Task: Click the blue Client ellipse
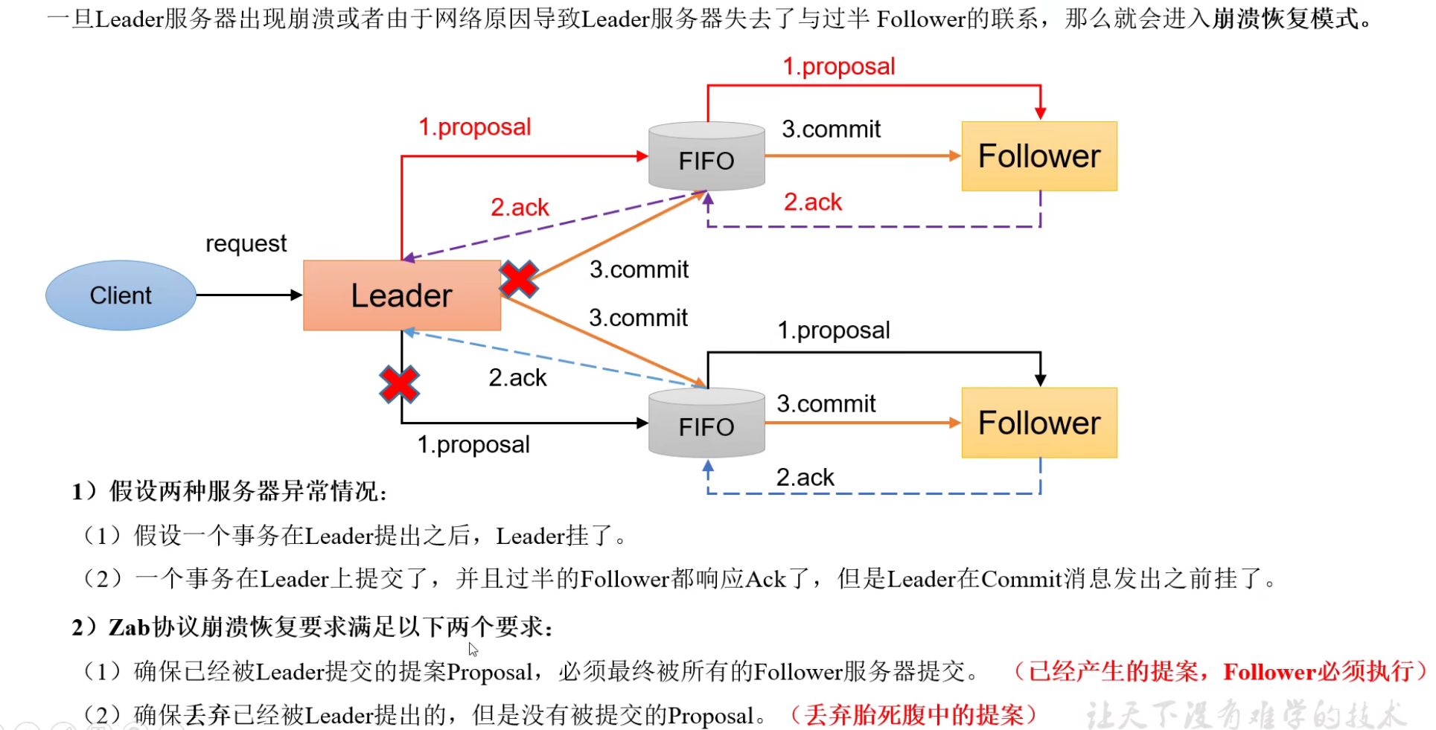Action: click(121, 295)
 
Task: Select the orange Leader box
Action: click(401, 295)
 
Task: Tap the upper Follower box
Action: click(1038, 156)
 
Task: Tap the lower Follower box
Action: click(1038, 423)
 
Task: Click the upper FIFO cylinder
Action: click(706, 157)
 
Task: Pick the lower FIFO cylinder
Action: click(706, 423)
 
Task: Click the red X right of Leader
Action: click(519, 279)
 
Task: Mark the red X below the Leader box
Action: click(400, 385)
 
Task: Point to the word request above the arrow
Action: click(246, 243)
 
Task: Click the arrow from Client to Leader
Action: click(249, 295)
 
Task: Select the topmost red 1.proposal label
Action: click(838, 66)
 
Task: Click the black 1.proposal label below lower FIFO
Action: click(473, 444)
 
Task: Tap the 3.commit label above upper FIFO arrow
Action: click(831, 129)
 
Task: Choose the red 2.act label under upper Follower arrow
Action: click(812, 202)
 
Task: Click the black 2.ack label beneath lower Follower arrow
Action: click(805, 477)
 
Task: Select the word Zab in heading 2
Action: click(130, 627)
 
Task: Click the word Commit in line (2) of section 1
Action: click(1021, 579)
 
